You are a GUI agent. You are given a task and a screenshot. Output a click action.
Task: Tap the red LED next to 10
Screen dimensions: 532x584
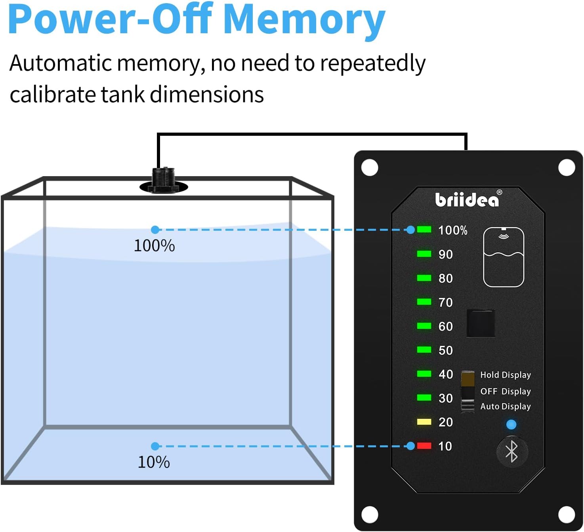point(424,446)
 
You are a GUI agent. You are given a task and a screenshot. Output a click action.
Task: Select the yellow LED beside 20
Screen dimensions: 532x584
point(424,422)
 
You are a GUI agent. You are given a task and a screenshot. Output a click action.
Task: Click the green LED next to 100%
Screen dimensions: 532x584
point(424,230)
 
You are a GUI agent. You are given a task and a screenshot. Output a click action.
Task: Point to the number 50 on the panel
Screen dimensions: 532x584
point(446,350)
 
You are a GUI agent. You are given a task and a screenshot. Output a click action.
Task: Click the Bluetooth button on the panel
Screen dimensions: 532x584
point(512,452)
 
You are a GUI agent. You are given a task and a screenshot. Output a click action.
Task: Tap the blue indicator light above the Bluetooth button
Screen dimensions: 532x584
point(511,425)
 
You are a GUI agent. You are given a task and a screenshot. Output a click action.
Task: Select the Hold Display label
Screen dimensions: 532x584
point(505,375)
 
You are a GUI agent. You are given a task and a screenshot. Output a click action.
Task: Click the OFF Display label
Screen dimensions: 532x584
point(505,391)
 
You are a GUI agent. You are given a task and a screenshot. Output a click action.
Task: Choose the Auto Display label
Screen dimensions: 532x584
point(505,407)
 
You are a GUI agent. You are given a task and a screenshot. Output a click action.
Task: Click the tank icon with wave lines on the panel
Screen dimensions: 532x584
point(504,257)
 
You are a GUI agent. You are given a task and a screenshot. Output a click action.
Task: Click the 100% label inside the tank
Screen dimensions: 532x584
point(154,246)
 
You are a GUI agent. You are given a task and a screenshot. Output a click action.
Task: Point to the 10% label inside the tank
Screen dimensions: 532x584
point(154,462)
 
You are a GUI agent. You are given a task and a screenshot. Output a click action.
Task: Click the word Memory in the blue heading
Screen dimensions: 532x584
point(304,20)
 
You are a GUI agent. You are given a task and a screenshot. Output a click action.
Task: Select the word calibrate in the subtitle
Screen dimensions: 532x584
point(53,95)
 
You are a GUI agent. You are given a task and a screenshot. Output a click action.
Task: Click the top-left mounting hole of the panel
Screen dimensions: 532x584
point(370,167)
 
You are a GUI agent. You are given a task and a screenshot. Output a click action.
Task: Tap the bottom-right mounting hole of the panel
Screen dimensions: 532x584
point(567,515)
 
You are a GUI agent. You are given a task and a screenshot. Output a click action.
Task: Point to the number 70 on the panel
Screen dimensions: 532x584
point(446,302)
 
